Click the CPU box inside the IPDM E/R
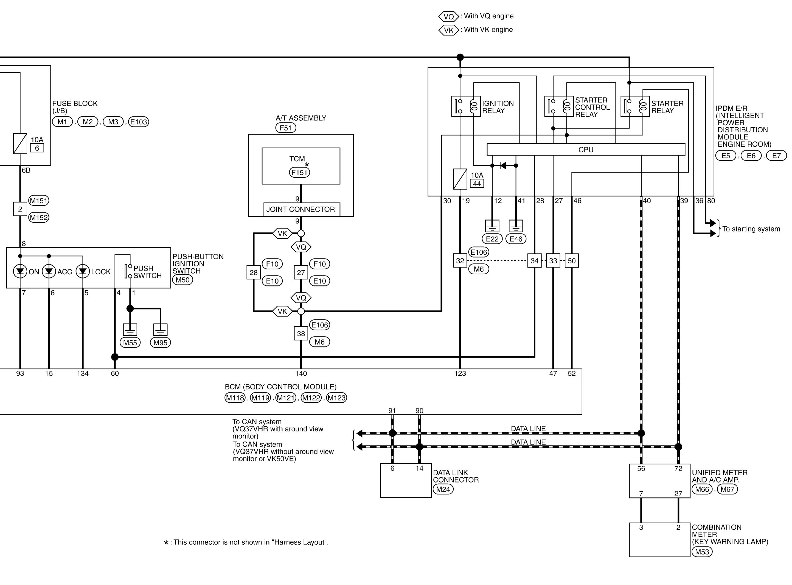[586, 149]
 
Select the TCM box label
[297, 159]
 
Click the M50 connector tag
[182, 280]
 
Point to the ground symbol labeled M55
[130, 329]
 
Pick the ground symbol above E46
[516, 225]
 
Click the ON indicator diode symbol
[20, 272]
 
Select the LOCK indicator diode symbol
[83, 272]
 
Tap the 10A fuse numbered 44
[460, 179]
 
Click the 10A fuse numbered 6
[20, 143]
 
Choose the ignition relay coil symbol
[473, 106]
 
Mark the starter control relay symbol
[559, 106]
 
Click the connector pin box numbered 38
[301, 333]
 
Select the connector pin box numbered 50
[572, 261]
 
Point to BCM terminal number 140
[301, 373]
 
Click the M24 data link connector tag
[443, 489]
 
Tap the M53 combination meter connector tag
[702, 552]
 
